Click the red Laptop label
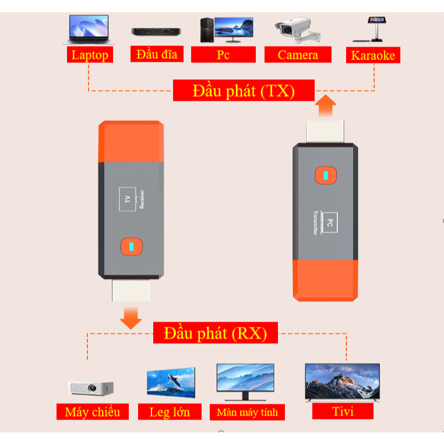[x=90, y=55]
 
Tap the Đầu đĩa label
[x=157, y=54]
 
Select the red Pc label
[x=223, y=54]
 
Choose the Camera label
[x=298, y=54]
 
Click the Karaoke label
[x=373, y=55]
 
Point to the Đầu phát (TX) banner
[x=244, y=90]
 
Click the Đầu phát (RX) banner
[x=216, y=333]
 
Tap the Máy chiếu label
[x=93, y=412]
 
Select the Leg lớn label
[x=170, y=412]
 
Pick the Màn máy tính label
[x=247, y=412]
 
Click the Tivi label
[x=343, y=411]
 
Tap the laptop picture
[x=89, y=30]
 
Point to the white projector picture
[x=91, y=388]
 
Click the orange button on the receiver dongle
[x=132, y=246]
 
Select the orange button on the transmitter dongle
[x=326, y=175]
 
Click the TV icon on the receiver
[x=128, y=199]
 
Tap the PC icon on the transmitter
[x=329, y=223]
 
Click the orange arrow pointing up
[x=326, y=105]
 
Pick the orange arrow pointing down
[x=131, y=318]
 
